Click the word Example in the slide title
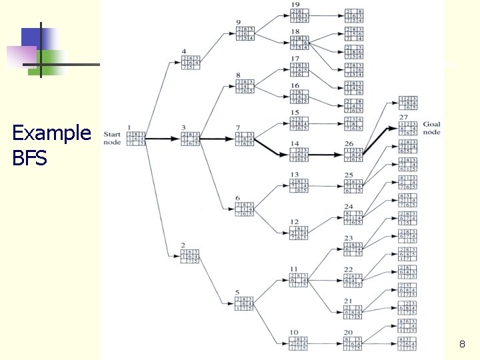pos(51,133)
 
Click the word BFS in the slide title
pos(29,159)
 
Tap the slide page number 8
pos(461,345)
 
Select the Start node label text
pos(112,137)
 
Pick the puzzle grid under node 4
pos(191,62)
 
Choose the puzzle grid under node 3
pos(191,139)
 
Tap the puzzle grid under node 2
pos(191,256)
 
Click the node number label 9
pos(238,23)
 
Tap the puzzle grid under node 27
pos(407,129)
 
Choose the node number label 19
pos(295,5)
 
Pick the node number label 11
pos(293,268)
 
